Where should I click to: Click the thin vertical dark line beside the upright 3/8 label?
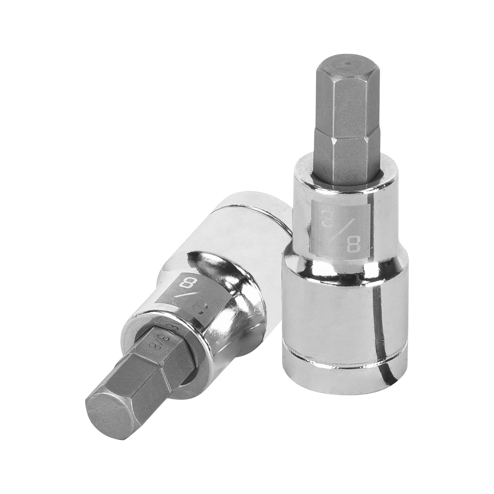click(x=371, y=222)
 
